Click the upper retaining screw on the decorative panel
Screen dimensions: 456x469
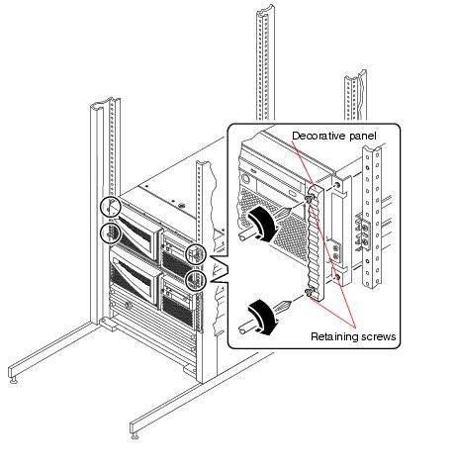[310, 199]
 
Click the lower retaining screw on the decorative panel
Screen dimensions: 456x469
[309, 292]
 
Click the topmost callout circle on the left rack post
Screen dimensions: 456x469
[111, 207]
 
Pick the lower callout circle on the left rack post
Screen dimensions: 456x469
[111, 234]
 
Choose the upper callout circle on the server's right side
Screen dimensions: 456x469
[196, 254]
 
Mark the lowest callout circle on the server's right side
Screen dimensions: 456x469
[196, 281]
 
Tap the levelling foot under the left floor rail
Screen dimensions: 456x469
[14, 381]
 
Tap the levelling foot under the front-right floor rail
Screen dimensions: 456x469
[135, 436]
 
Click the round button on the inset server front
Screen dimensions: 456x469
[246, 179]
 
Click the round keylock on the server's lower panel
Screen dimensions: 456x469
[129, 306]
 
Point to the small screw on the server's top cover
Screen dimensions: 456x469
[180, 205]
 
